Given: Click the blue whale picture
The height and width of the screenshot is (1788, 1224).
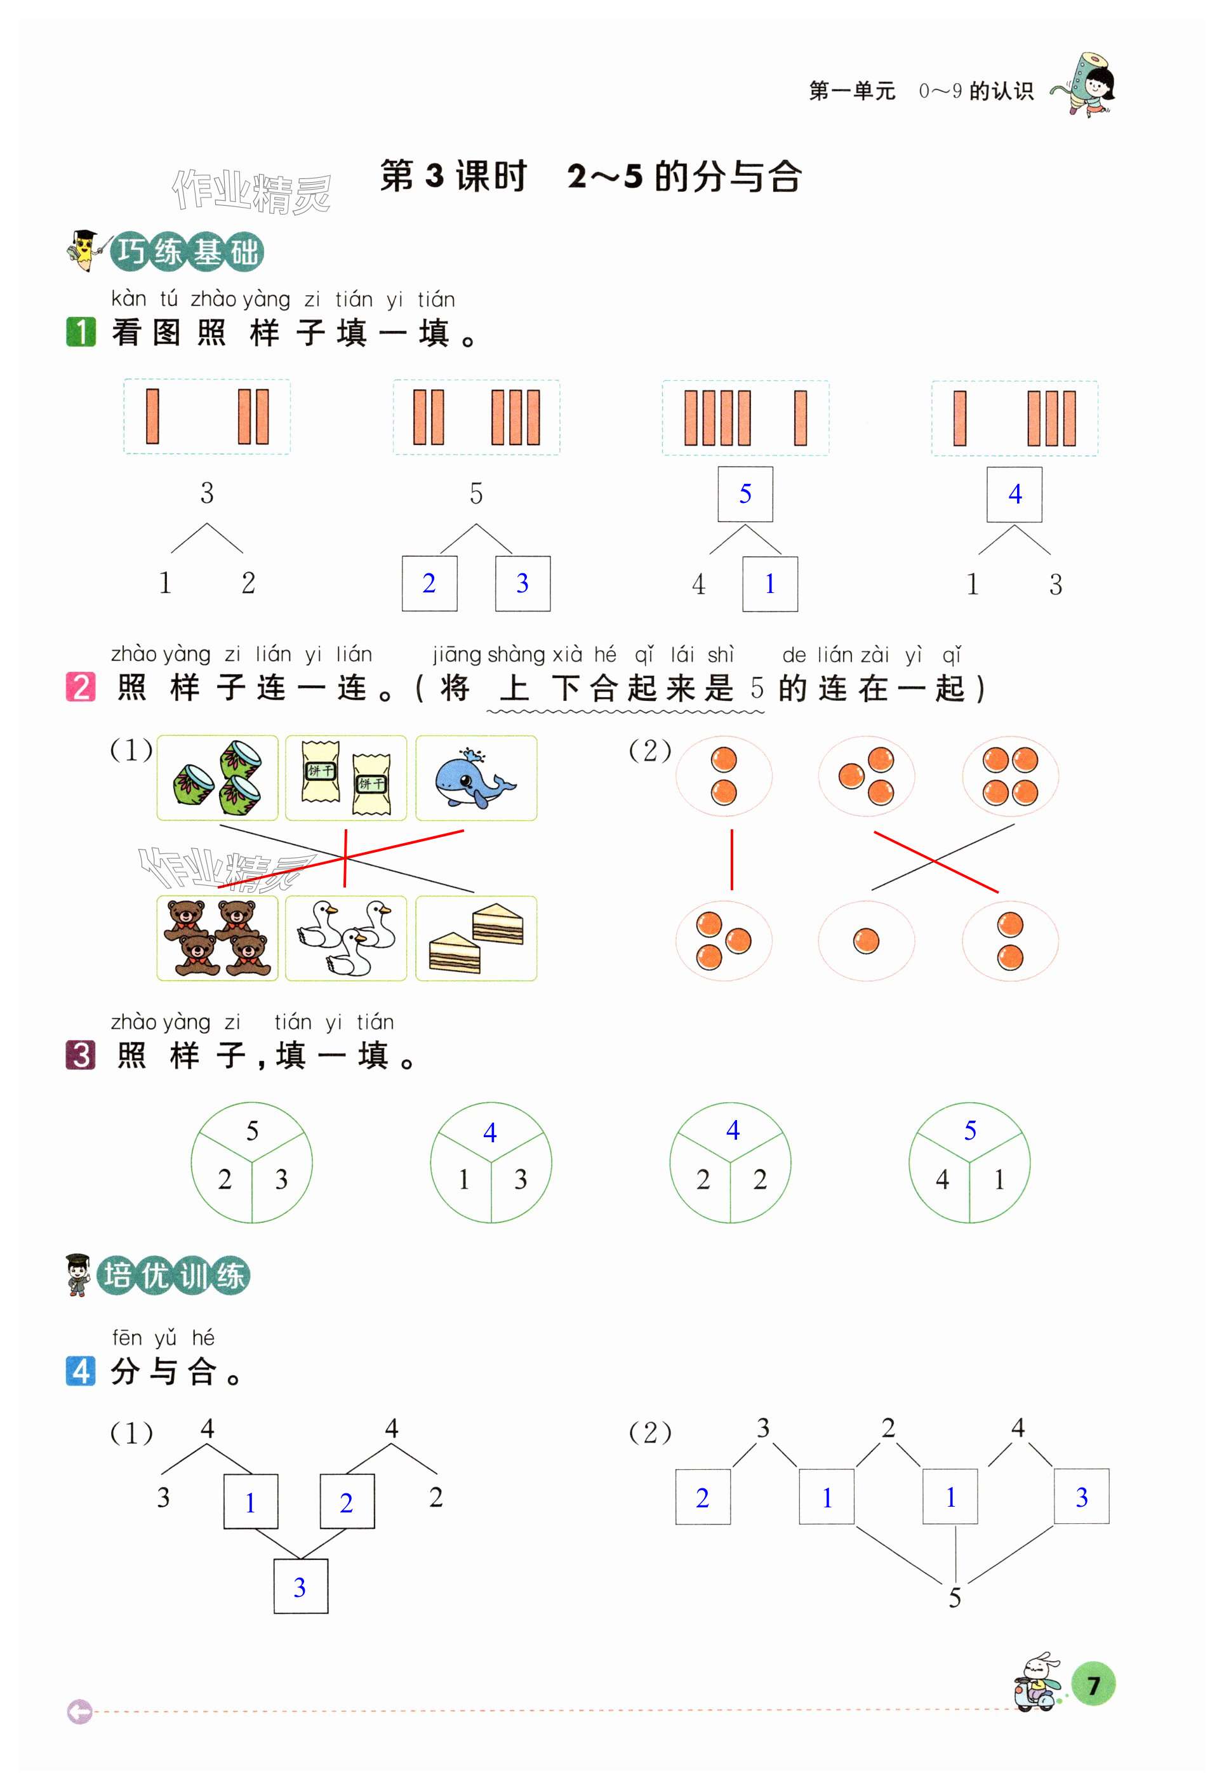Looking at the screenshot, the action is tap(476, 778).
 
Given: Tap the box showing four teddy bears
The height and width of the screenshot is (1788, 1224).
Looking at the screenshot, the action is tap(217, 938).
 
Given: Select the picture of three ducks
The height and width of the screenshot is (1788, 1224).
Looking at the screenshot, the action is tap(345, 938).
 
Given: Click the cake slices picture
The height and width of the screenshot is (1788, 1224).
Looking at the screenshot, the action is tap(476, 938).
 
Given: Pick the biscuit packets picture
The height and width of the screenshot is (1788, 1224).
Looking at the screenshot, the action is tap(345, 778).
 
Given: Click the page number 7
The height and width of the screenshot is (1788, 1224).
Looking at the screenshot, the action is tap(1093, 1685).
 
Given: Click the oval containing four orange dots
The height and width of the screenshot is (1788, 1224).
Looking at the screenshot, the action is tap(1009, 775).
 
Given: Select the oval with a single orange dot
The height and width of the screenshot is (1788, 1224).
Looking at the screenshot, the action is tap(867, 940).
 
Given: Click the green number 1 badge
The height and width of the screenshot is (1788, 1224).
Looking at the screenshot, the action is tap(81, 332).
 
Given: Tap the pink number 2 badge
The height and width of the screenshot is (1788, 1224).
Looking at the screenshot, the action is tap(81, 686).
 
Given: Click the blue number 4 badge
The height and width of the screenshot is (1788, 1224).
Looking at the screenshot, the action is tap(81, 1371).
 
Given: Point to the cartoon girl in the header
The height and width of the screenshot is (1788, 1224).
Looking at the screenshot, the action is tap(1089, 83).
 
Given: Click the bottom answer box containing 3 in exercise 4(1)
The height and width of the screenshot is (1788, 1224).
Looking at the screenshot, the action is tap(301, 1587).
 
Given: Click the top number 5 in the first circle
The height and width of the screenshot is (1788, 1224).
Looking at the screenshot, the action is tap(251, 1131).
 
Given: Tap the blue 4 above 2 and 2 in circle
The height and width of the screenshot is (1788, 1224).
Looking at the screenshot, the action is tap(733, 1130).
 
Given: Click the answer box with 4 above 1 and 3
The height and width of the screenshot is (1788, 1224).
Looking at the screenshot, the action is tap(1014, 494).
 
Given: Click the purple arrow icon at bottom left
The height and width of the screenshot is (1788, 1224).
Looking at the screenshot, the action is tap(79, 1712).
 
